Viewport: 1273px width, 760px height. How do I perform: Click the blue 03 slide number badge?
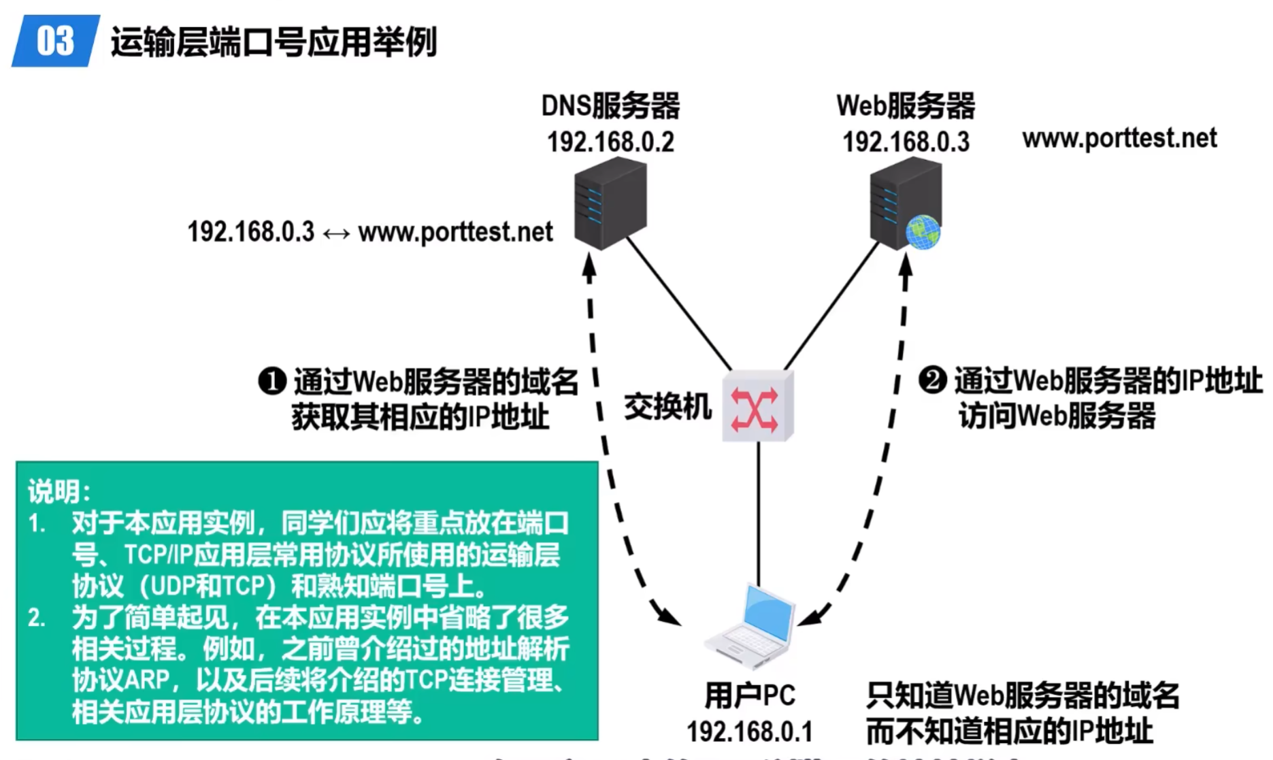pyautogui.click(x=55, y=42)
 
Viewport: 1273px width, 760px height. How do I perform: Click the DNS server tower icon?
pyautogui.click(x=610, y=202)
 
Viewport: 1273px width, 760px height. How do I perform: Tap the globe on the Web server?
pyautogui.click(x=923, y=232)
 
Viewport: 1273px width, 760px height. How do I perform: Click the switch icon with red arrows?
pyautogui.click(x=757, y=407)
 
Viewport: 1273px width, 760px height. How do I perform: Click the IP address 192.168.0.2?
pyautogui.click(x=610, y=142)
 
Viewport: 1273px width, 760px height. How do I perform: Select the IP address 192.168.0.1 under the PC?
pyautogui.click(x=749, y=732)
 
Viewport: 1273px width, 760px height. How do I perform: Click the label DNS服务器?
pyautogui.click(x=610, y=106)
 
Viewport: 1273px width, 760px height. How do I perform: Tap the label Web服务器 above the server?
pyautogui.click(x=906, y=106)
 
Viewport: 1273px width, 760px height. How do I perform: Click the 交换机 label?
pyautogui.click(x=667, y=407)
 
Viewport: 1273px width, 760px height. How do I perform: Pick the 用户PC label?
pyautogui.click(x=749, y=695)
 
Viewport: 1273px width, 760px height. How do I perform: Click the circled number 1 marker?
pyautogui.click(x=272, y=381)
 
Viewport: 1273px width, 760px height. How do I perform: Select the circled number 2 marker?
pyautogui.click(x=932, y=380)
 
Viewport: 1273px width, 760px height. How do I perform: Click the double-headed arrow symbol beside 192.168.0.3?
pyautogui.click(x=336, y=233)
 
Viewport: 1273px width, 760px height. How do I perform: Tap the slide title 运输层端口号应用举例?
pyautogui.click(x=274, y=42)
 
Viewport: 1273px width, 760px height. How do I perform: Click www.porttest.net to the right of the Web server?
pyautogui.click(x=1119, y=139)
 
